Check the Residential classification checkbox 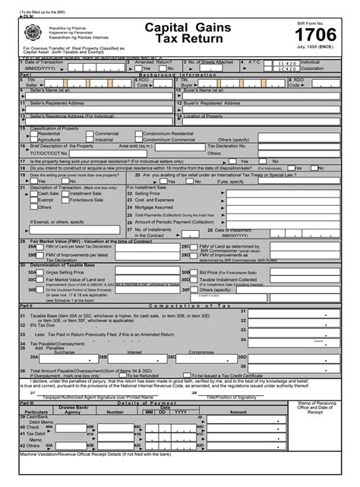(x=33, y=133)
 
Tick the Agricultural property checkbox (x=33, y=139)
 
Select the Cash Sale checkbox (x=33, y=194)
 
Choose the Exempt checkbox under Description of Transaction (x=33, y=200)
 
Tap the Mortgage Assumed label (x=155, y=207)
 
